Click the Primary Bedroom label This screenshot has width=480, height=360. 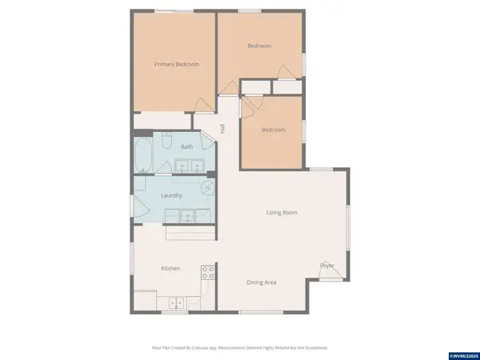(x=177, y=64)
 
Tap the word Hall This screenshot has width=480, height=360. (x=222, y=129)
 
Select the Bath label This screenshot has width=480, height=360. (x=186, y=146)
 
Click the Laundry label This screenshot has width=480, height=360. (x=171, y=195)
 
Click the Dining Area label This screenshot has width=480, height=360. (x=261, y=282)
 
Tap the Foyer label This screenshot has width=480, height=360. (x=327, y=265)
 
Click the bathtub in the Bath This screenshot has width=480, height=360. (x=144, y=155)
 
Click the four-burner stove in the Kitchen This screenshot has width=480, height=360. (x=208, y=272)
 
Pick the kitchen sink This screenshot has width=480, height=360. (x=177, y=302)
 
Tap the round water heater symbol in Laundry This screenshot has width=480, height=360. (x=207, y=190)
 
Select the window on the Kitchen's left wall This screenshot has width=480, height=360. (x=132, y=260)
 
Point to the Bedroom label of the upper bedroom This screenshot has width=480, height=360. (x=259, y=46)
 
